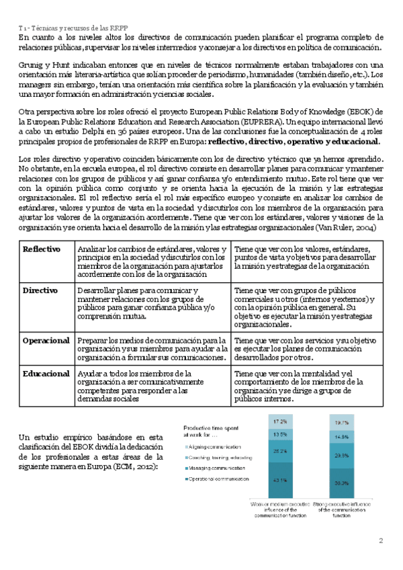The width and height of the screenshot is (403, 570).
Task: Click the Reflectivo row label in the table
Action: pyautogui.click(x=42, y=249)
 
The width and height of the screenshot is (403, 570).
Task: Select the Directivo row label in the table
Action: pyautogui.click(x=40, y=290)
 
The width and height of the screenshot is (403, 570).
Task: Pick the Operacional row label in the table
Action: pyautogui.click(x=46, y=341)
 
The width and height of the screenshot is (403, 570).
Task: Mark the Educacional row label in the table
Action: pyautogui.click(x=46, y=373)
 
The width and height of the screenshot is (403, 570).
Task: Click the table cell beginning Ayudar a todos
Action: pyautogui.click(x=152, y=385)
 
